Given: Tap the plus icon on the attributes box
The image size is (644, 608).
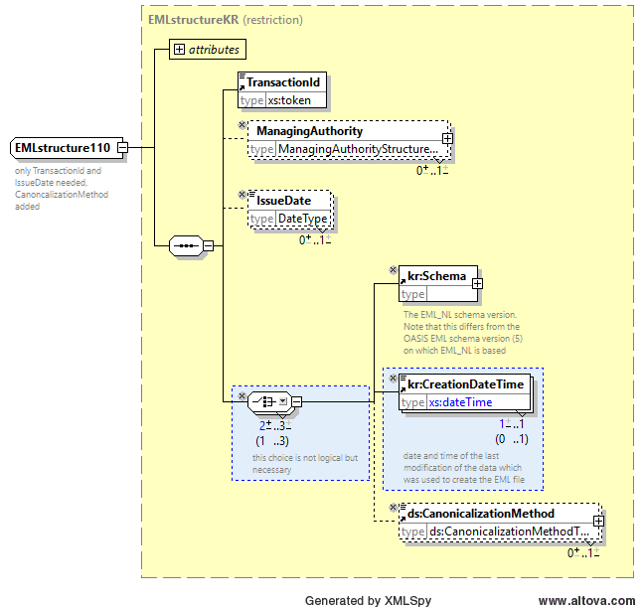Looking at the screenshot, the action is pyautogui.click(x=179, y=50).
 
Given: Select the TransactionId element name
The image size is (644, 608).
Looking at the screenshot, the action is pyautogui.click(x=283, y=82).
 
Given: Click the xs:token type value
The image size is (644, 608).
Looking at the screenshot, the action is pyautogui.click(x=289, y=100).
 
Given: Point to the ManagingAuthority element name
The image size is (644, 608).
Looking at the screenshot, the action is pyautogui.click(x=310, y=131).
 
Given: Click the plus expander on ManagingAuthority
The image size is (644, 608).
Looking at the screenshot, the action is pyautogui.click(x=447, y=139).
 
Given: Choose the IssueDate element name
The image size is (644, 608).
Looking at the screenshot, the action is pyautogui.click(x=284, y=201).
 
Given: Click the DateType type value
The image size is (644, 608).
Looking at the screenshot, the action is pyautogui.click(x=303, y=219).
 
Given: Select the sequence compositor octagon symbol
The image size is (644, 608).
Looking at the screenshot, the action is pyautogui.click(x=186, y=246).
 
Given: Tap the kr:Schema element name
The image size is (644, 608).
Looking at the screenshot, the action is pyautogui.click(x=436, y=276).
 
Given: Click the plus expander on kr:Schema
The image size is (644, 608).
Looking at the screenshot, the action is pyautogui.click(x=477, y=284).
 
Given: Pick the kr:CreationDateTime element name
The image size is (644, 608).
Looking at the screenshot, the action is pyautogui.click(x=466, y=383).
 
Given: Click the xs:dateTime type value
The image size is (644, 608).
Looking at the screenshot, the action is pyautogui.click(x=460, y=402).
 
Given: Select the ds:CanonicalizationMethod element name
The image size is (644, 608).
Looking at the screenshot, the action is pyautogui.click(x=481, y=514).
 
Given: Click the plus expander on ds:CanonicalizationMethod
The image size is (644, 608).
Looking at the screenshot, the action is pyautogui.click(x=598, y=521).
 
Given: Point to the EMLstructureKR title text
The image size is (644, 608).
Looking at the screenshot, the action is pyautogui.click(x=193, y=20).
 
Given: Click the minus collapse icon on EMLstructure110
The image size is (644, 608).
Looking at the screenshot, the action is pyautogui.click(x=123, y=147).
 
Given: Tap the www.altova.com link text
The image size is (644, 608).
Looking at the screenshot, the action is pyautogui.click(x=586, y=601).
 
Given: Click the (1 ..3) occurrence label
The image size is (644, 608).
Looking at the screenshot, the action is pyautogui.click(x=272, y=441).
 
